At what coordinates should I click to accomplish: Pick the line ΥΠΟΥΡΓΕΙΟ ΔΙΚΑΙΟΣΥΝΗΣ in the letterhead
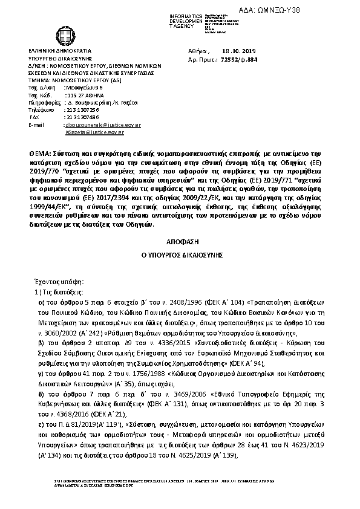(59, 59)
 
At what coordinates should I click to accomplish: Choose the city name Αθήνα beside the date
(198, 52)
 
